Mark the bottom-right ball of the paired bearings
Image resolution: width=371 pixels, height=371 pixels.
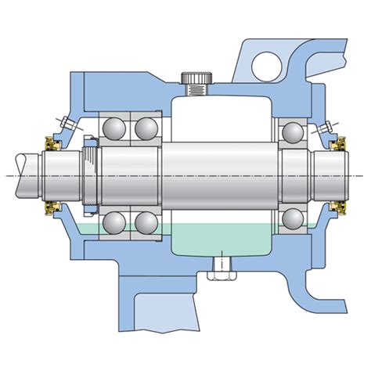click(x=145, y=222)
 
